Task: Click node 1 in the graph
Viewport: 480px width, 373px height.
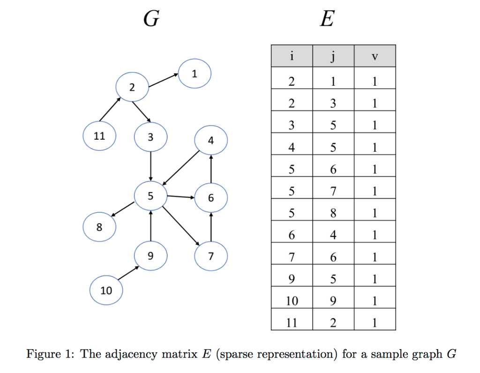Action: [x=195, y=74]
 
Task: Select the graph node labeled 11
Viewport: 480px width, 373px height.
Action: [x=99, y=136]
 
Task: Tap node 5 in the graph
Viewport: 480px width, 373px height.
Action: [x=150, y=196]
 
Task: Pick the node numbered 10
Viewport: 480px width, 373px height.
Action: [x=106, y=291]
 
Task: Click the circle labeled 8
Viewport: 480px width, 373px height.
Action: [x=99, y=227]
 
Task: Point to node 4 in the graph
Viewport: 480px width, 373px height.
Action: [x=211, y=140]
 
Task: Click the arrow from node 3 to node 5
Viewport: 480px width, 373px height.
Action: [x=150, y=166]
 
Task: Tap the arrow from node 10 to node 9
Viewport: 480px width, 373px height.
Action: [x=128, y=273]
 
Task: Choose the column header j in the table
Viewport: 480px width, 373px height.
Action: [x=333, y=56]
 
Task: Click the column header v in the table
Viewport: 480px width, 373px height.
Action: [x=375, y=56]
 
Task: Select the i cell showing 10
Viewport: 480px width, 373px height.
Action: [x=292, y=301]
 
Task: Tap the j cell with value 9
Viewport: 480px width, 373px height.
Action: [x=333, y=301]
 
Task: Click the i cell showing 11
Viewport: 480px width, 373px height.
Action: [x=292, y=322]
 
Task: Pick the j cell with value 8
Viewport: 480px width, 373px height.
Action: [x=333, y=213]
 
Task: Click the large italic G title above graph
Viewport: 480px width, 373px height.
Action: [x=151, y=20]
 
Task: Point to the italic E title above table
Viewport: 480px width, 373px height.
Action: [x=327, y=20]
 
